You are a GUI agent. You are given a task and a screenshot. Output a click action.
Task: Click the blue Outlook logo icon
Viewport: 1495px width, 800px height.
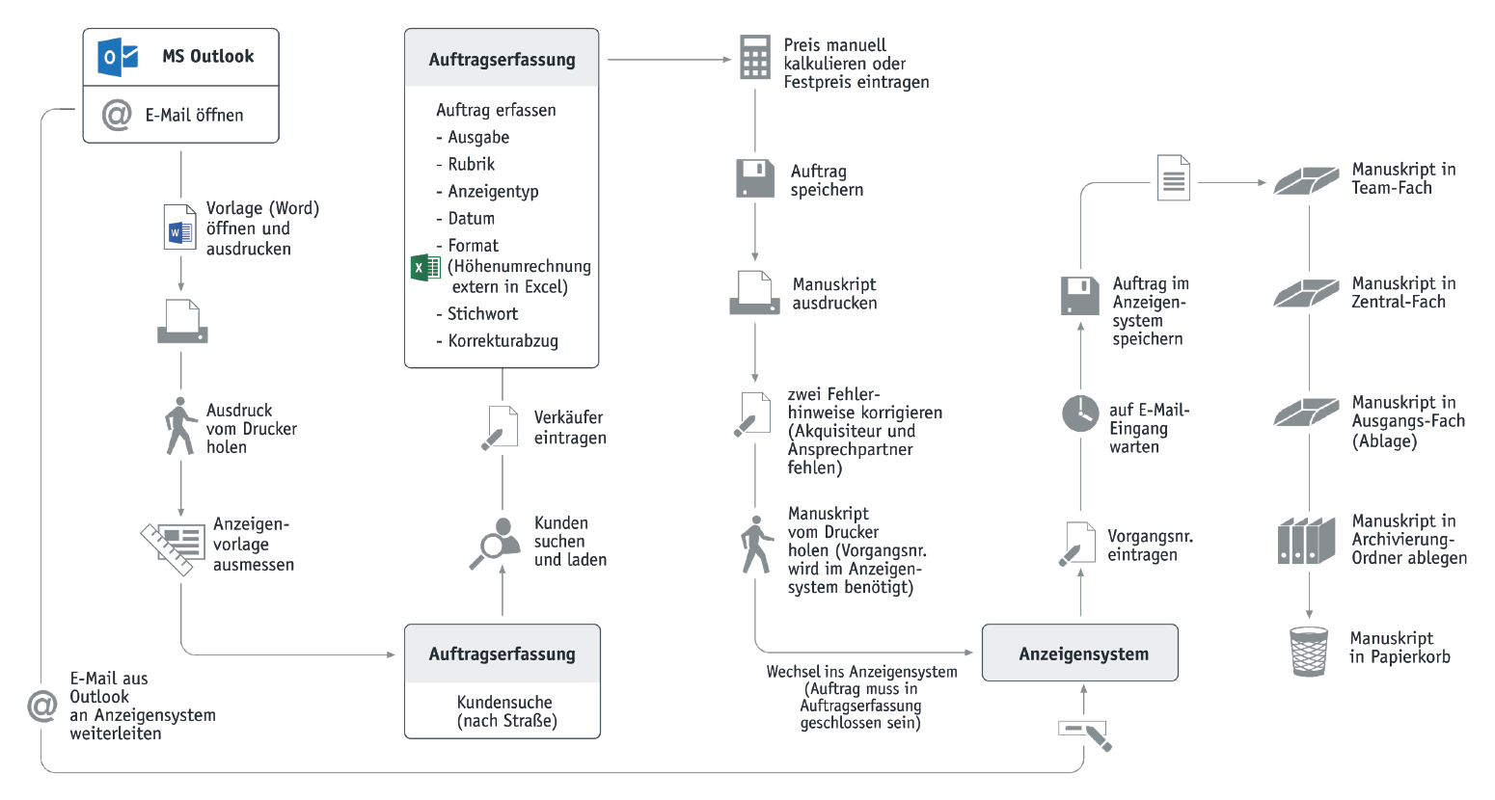click(x=118, y=57)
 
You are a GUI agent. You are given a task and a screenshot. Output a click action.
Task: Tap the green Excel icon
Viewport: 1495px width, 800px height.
click(x=425, y=268)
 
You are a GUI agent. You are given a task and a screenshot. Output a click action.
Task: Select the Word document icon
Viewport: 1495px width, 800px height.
click(x=179, y=227)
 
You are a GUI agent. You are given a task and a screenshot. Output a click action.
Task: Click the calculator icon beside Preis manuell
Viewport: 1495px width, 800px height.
click(x=755, y=58)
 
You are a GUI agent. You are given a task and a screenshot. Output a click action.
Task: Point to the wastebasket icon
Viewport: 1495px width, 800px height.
click(x=1309, y=652)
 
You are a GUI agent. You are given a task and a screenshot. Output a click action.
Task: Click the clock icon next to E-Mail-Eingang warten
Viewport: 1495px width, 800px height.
click(x=1080, y=413)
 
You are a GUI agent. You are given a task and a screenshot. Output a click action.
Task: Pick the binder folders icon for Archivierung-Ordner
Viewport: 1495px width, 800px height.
click(x=1306, y=541)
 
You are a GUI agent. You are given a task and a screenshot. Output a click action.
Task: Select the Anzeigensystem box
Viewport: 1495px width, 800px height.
click(x=1080, y=653)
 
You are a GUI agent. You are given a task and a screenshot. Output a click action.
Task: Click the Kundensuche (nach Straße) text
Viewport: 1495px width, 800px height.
click(x=506, y=711)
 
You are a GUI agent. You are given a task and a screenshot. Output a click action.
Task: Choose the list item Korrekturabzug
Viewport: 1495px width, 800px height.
click(x=503, y=341)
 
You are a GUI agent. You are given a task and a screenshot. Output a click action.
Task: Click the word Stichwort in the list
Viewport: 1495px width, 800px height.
click(x=482, y=313)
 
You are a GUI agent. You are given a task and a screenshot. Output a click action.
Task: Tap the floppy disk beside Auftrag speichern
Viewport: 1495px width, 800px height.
click(x=755, y=178)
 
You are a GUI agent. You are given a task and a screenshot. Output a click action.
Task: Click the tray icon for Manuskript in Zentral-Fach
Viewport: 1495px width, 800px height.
click(x=1306, y=293)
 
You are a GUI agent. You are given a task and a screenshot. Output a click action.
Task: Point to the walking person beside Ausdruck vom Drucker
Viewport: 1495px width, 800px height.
click(x=180, y=426)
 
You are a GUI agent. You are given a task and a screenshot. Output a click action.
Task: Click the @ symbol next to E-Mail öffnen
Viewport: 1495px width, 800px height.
click(x=117, y=115)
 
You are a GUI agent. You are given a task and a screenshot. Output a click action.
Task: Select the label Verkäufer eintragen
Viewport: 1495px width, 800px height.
click(x=570, y=428)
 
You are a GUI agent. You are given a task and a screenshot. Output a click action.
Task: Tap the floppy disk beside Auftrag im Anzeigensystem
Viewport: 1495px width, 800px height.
click(x=1080, y=296)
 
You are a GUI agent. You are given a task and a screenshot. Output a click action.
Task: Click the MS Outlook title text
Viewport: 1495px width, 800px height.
click(x=208, y=56)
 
